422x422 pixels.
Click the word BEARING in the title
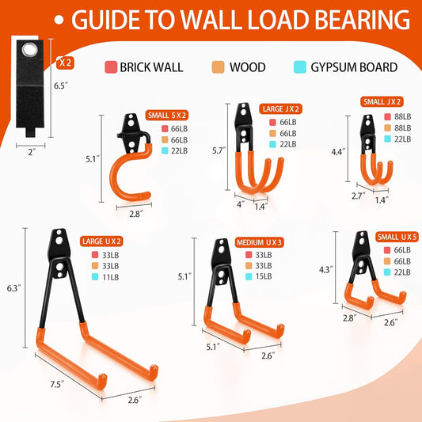362,20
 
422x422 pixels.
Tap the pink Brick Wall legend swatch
111,67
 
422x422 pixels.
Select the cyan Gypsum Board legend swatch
300,67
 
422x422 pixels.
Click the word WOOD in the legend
247,67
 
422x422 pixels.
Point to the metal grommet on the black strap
30,50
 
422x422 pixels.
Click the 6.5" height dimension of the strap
60,86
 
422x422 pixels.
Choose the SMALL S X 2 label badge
167,115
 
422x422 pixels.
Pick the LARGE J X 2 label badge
281,108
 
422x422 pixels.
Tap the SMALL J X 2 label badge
382,101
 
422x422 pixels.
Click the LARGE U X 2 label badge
101,241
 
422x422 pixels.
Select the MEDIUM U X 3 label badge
259,242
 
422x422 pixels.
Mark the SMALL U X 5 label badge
397,237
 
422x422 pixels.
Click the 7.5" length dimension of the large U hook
57,384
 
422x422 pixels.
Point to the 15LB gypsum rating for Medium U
264,276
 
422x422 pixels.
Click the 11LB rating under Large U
110,277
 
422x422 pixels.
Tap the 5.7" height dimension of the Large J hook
219,150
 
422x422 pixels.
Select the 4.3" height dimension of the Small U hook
326,269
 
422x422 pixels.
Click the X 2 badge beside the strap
65,63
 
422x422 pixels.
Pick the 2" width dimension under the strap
32,152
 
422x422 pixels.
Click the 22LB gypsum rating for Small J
403,139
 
